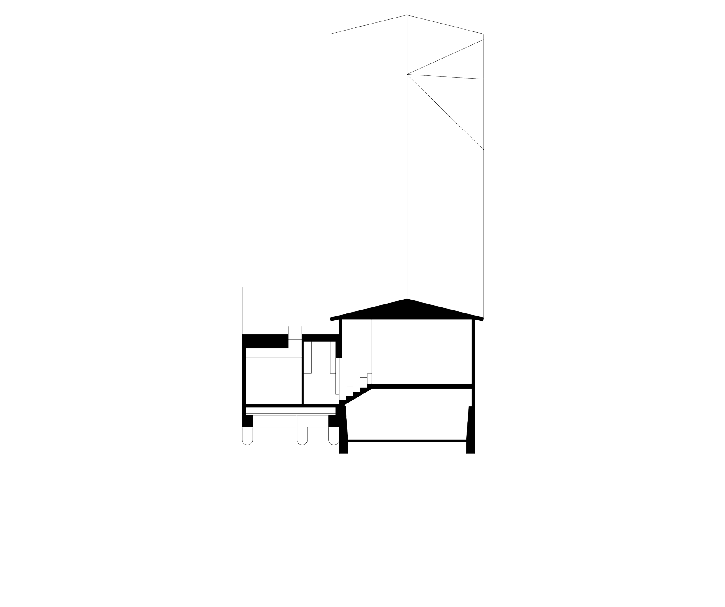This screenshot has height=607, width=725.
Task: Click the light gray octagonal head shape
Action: (295, 316)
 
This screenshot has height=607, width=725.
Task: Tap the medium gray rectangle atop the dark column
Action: (299, 17)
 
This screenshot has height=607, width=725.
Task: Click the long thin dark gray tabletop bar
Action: (290, 413)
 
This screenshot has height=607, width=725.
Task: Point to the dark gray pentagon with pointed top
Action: (388, 172)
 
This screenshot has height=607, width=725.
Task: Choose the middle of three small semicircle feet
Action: (302, 442)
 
